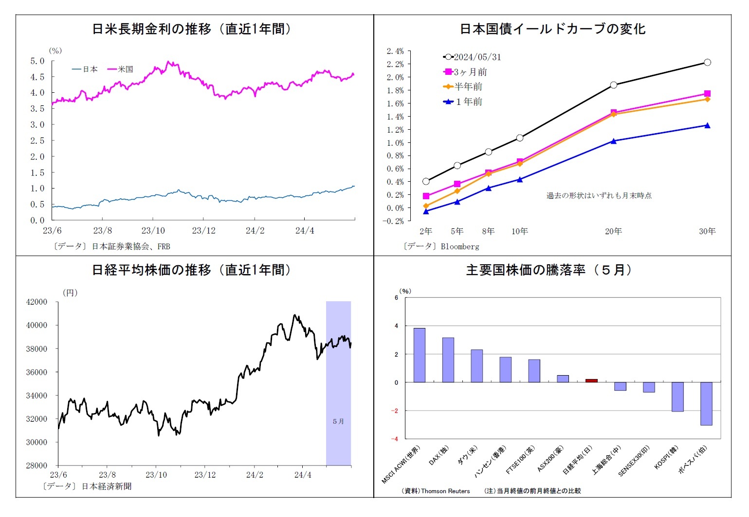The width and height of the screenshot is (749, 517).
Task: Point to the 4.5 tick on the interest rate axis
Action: (37, 77)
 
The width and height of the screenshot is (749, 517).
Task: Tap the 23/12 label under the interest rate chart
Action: (203, 230)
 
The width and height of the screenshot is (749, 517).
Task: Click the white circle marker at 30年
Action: (707, 62)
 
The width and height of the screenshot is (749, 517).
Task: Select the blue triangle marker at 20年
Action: (613, 141)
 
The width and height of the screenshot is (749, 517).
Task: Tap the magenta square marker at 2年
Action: (426, 196)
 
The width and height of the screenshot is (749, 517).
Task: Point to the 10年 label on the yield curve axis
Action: (519, 231)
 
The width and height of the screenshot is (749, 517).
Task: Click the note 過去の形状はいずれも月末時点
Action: (599, 195)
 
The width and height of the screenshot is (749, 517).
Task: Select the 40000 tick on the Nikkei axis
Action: (37, 325)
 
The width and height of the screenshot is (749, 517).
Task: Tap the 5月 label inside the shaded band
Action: (338, 421)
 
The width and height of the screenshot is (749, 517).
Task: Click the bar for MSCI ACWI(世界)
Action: (419, 355)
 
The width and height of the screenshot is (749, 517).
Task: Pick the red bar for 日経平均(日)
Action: (591, 380)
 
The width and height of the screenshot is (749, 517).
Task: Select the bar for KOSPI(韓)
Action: (677, 396)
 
